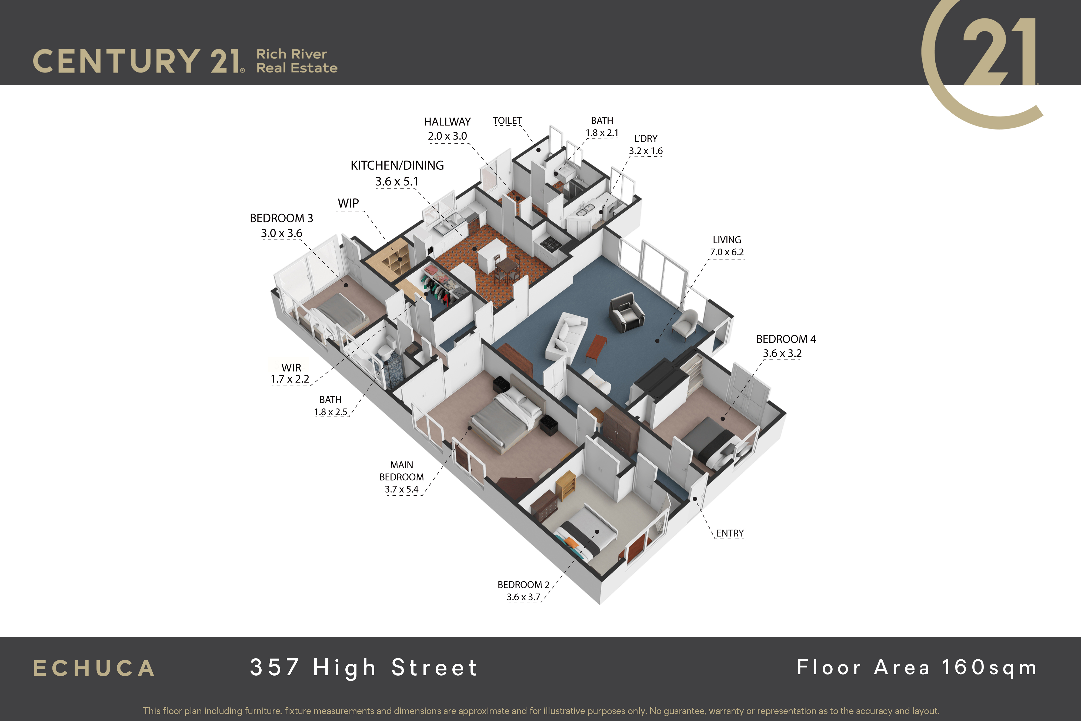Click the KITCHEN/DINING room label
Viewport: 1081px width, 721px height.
coord(397,165)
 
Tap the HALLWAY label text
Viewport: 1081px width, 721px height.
coord(447,122)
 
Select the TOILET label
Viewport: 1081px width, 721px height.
coord(508,121)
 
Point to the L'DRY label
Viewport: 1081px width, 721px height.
coord(646,138)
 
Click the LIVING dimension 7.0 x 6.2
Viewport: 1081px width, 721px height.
coord(727,252)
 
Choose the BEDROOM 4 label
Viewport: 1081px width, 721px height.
coord(786,339)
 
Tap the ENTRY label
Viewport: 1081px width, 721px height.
coord(730,533)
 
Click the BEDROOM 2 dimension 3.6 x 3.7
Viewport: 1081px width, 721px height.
coord(523,597)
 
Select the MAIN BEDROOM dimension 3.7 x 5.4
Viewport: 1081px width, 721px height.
coord(402,489)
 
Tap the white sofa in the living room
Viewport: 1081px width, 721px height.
coord(566,335)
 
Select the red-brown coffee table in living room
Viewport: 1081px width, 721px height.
coord(596,348)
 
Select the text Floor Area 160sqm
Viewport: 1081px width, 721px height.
coord(917,668)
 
